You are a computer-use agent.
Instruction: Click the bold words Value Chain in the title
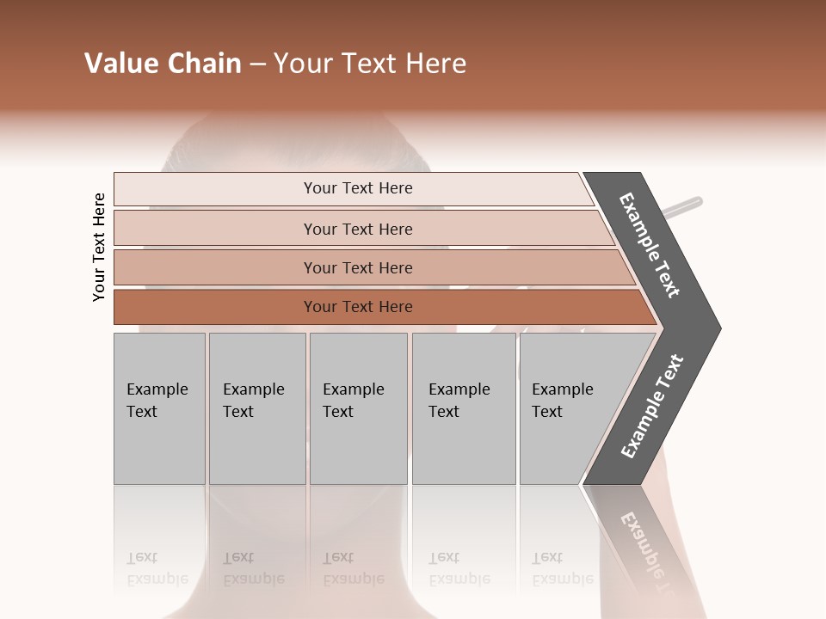point(163,64)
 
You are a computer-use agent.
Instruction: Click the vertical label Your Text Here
point(99,247)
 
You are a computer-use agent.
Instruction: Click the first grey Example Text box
point(159,408)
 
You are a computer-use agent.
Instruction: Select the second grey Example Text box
point(257,408)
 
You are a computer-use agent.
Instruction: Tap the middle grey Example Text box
point(358,408)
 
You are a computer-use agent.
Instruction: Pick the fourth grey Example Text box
point(464,408)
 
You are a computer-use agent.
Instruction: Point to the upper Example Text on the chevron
point(650,245)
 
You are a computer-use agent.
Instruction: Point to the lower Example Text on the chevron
point(652,407)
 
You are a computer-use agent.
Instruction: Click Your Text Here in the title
point(370,64)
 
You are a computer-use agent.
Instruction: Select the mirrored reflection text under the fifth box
point(562,568)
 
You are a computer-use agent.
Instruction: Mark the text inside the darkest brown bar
point(358,307)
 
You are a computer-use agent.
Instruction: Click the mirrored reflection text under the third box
point(353,568)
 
